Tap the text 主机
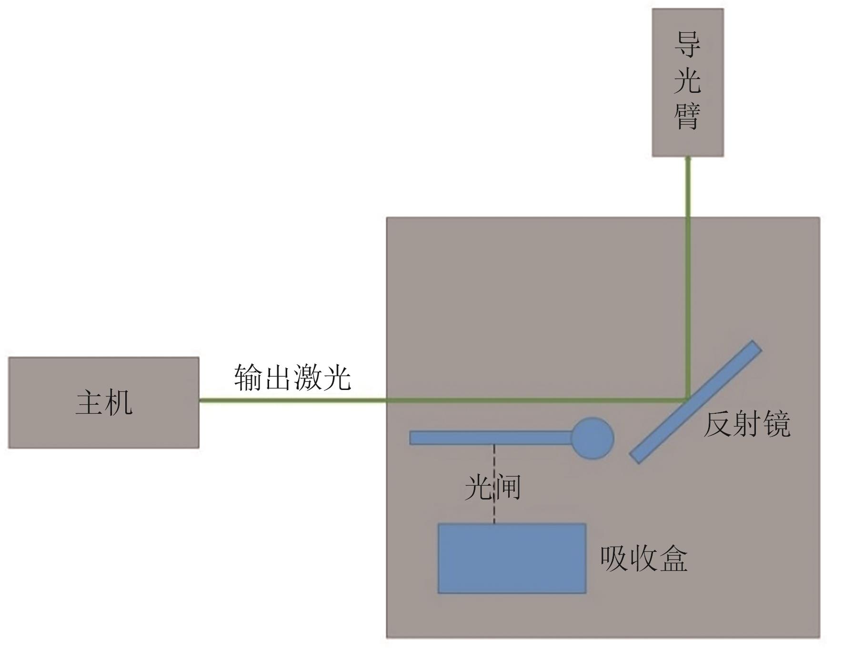104,403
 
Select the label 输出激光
292,378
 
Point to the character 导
687,45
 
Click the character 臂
687,116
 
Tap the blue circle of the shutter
592,438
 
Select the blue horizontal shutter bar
491,438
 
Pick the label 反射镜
746,424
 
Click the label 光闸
492,487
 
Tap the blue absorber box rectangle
512,559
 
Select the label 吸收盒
643,559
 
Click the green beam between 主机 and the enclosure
291,400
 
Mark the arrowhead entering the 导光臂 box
688,160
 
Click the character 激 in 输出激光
307,378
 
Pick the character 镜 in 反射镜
776,424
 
